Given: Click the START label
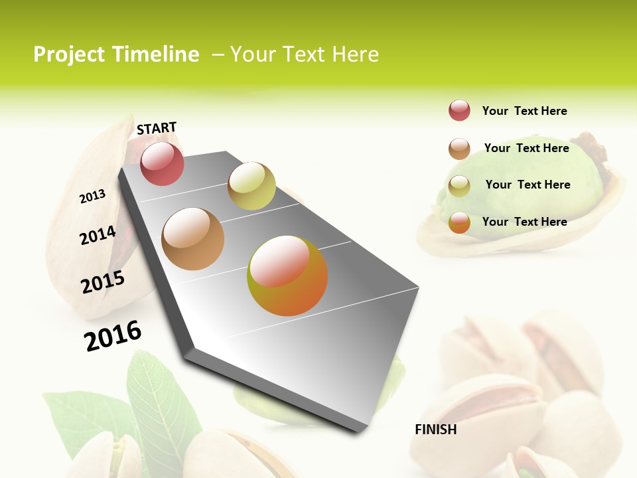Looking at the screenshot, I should point(157,128).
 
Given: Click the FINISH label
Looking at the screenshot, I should point(435,430).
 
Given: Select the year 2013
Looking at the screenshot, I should point(92,197).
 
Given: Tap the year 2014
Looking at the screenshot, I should point(98,235).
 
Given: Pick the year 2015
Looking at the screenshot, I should point(103,282).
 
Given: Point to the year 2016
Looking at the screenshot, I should point(113,335).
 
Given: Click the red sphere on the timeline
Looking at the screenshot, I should point(162,163).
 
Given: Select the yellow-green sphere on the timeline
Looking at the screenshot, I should point(251,186).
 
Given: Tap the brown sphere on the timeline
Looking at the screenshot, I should point(193,239).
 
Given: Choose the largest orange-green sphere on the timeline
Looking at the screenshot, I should point(287,276).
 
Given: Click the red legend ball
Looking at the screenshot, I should point(459,110).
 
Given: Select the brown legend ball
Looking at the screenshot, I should point(459,149).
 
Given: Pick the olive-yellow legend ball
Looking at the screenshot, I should point(459,186).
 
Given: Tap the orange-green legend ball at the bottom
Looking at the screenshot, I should point(459,223).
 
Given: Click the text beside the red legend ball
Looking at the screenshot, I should point(524,111).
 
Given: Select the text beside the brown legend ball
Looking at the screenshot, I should point(526,148).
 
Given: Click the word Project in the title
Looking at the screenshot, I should point(69,54).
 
